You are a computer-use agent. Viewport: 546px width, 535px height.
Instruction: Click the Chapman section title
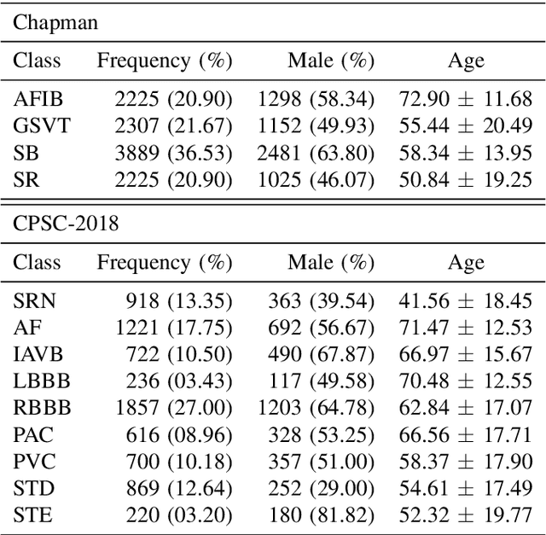pyautogui.click(x=55, y=23)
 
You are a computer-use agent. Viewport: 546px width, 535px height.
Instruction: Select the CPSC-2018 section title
pyautogui.click(x=66, y=224)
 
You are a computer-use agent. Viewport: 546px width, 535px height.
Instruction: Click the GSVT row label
pyautogui.click(x=42, y=126)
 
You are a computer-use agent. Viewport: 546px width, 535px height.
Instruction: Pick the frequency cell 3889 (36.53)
pyautogui.click(x=173, y=154)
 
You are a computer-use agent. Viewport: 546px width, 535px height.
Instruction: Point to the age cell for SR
pyautogui.click(x=466, y=181)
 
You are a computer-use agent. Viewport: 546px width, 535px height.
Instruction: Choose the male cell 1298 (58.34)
pyautogui.click(x=316, y=99)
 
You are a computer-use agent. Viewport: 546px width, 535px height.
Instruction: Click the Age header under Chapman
pyautogui.click(x=466, y=61)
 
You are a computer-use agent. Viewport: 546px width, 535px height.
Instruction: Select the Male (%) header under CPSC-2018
pyautogui.click(x=332, y=262)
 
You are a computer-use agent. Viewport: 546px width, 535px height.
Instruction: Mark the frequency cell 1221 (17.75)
pyautogui.click(x=173, y=328)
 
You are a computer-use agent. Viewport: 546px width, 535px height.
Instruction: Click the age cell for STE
pyautogui.click(x=466, y=515)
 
